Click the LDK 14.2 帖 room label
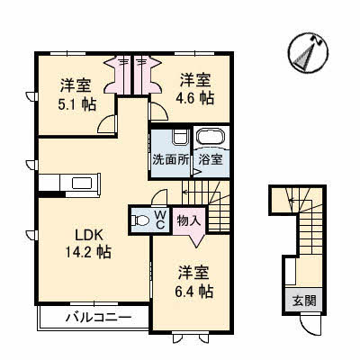click(88, 244)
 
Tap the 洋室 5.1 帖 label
click(76, 95)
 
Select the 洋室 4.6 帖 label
click(195, 89)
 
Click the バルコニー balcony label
click(98, 317)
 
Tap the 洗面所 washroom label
click(170, 159)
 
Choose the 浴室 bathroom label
click(211, 160)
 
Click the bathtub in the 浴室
click(211, 138)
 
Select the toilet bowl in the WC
click(140, 220)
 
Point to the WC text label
click(160, 220)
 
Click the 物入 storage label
click(189, 220)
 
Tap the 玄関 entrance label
click(304, 301)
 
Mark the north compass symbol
click(308, 53)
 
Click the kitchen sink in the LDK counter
click(82, 184)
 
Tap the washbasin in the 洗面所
click(180, 137)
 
